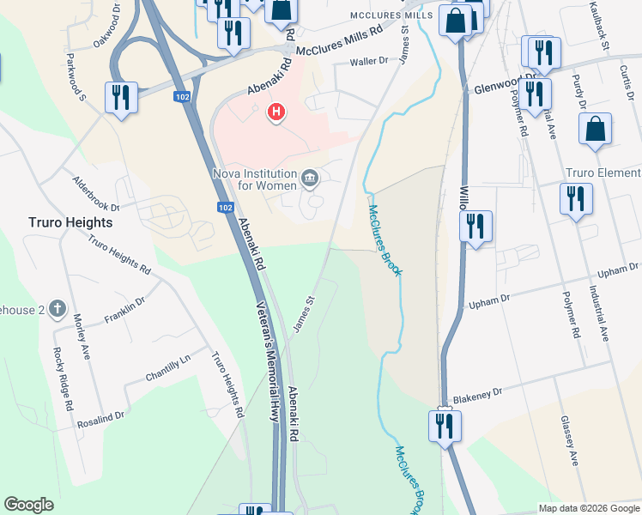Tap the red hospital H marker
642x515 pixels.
276,112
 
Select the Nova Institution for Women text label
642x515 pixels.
255,179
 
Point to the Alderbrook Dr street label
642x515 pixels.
94,195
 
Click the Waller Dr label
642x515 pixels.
371,63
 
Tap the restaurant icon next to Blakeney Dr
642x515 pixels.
445,425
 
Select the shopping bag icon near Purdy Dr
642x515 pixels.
595,130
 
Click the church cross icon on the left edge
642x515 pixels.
58,308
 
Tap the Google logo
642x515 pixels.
29,505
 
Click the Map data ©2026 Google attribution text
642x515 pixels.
589,508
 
